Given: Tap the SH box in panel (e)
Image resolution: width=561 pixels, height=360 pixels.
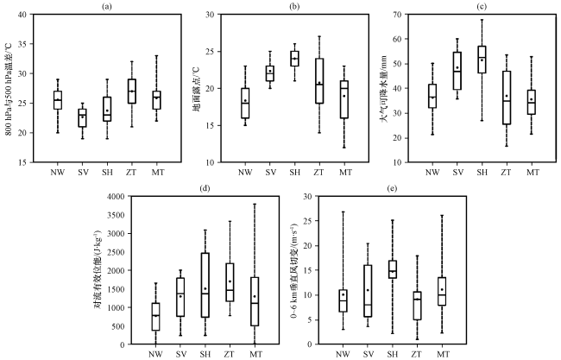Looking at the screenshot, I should pos(417,268).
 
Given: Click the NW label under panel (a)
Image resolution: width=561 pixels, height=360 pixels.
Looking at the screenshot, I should pos(58,171).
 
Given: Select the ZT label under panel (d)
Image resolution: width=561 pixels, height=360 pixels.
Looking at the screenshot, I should pos(230,353).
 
